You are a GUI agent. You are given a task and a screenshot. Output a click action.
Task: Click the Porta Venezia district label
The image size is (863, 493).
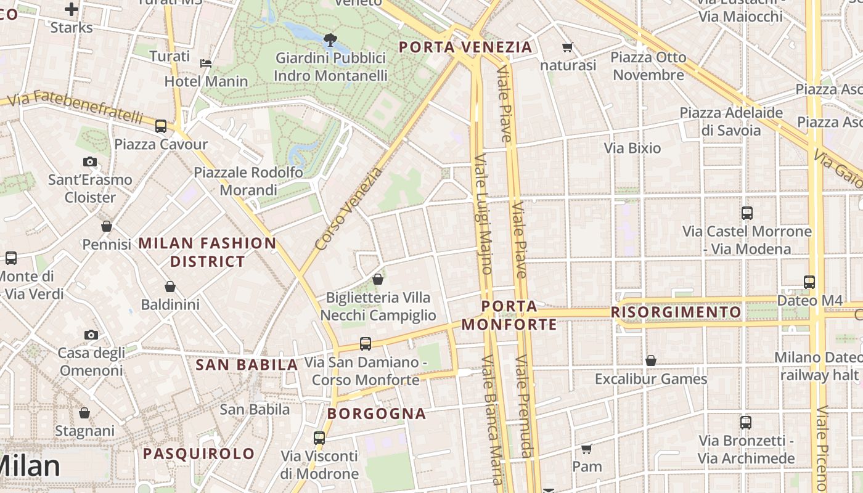click(465, 47)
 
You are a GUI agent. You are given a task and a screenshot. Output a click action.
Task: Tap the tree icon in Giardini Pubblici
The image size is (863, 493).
click(330, 41)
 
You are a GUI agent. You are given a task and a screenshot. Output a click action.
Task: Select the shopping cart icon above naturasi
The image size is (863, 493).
click(568, 47)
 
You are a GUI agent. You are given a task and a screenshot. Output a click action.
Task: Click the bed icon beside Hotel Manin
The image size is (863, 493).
click(206, 63)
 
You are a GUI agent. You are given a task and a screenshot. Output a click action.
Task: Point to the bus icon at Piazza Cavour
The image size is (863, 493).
click(161, 126)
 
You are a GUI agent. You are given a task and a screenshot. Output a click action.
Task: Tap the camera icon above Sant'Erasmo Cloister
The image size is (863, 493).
click(90, 162)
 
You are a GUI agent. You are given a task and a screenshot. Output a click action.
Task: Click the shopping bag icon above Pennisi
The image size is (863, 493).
click(107, 226)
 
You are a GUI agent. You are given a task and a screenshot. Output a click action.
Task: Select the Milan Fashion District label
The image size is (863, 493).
click(208, 252)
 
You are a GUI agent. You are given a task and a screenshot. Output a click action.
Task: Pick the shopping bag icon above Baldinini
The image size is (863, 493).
click(170, 287)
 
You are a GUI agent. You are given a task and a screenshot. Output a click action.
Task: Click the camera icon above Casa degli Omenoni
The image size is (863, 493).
click(91, 335)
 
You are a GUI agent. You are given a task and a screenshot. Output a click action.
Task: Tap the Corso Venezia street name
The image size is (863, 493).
click(348, 209)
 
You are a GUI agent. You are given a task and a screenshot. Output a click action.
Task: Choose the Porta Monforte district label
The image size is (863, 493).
click(509, 315)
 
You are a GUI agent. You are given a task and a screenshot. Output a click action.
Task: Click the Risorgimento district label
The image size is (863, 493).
click(676, 312)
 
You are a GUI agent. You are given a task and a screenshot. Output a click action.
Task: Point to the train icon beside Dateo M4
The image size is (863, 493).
click(809, 282)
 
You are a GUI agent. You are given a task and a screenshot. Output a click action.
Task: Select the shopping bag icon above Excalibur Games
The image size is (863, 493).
click(651, 361)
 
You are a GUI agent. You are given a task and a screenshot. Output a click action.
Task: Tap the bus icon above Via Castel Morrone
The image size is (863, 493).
click(747, 213)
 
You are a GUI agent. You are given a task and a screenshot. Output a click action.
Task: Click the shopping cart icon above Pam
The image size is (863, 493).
click(586, 449)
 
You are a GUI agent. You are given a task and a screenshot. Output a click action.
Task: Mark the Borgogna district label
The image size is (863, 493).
click(377, 414)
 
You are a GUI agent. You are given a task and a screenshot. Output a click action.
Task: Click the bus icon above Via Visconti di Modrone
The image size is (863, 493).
click(319, 438)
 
